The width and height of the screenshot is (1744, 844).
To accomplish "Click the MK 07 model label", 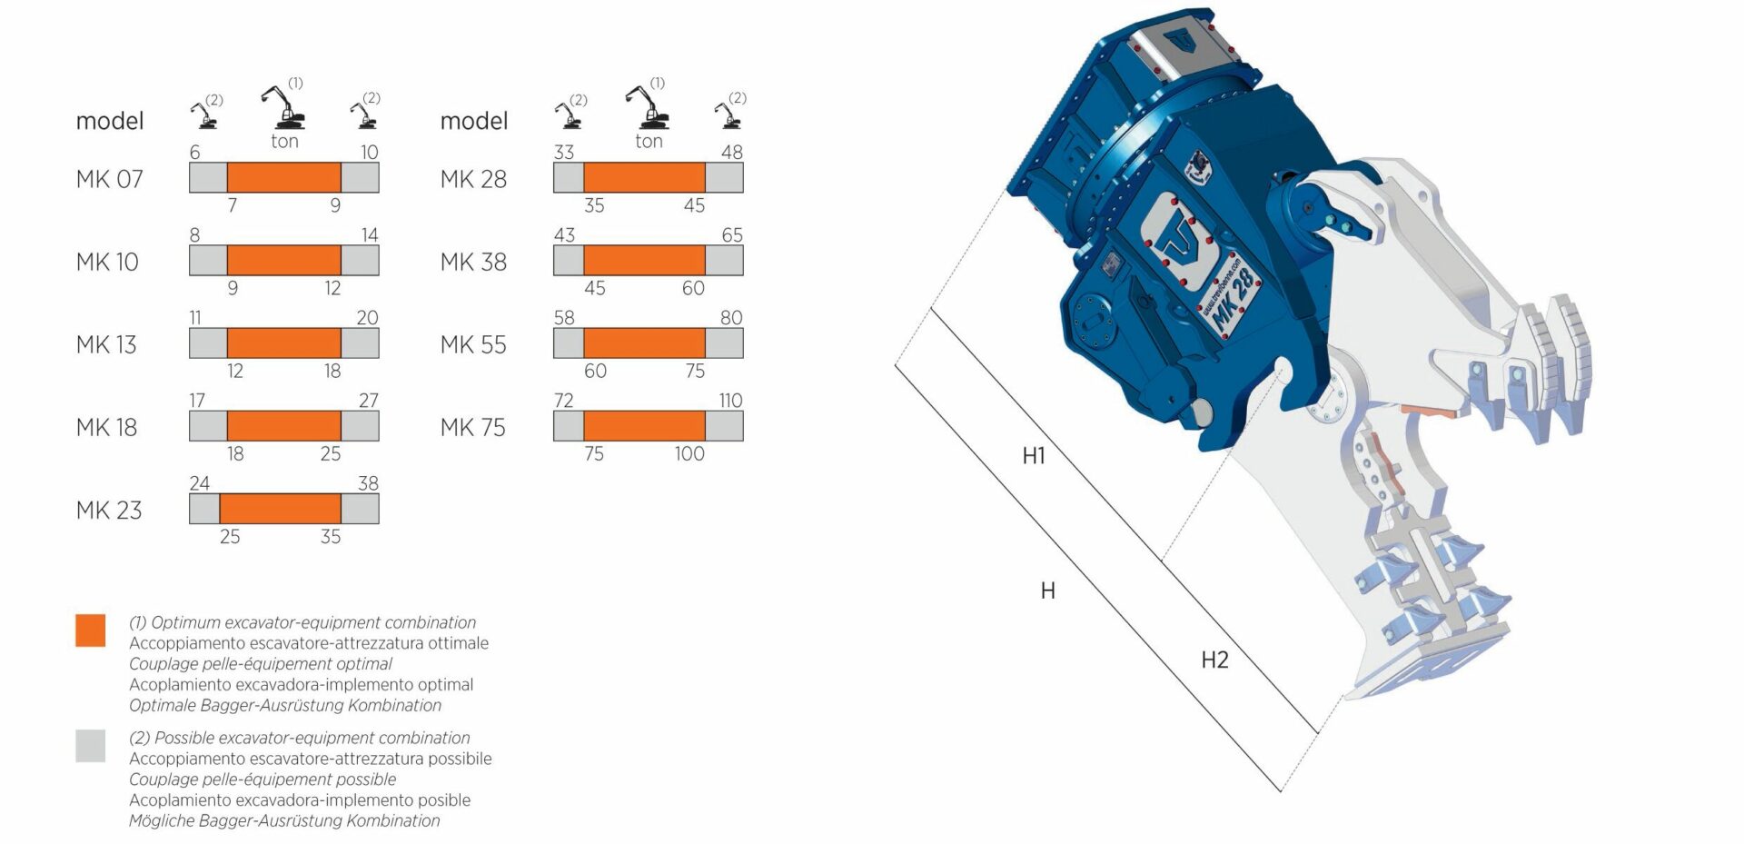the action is pos(110,179).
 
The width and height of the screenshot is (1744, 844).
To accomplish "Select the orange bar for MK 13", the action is pos(284,343).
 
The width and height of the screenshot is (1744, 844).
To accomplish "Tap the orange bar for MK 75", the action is pos(644,426).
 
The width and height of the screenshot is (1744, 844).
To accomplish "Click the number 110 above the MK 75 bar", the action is pos(730,401).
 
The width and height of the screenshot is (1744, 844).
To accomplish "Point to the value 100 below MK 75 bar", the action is pos(689,453).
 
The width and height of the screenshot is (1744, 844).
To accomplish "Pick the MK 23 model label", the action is pos(109,511).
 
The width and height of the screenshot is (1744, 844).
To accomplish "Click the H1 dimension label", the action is pos(1034,456).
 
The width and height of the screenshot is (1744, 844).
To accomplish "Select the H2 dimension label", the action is pos(1214,660).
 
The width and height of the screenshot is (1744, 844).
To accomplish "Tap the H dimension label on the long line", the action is pos(1047,591).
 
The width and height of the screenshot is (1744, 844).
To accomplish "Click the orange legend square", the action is pos(91,631).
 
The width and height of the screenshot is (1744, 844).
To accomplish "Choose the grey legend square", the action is pos(91,746).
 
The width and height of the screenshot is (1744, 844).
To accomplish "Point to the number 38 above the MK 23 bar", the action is pos(368,483).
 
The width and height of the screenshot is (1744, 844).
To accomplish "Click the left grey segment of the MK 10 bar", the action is pos(208,261).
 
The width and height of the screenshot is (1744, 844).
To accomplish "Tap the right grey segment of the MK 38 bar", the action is pos(724,261).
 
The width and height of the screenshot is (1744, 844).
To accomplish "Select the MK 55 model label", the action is pos(473,345).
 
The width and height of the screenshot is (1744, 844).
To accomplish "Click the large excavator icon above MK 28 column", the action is pos(647,107).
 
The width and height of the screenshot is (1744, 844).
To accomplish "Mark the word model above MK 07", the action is pos(110,121).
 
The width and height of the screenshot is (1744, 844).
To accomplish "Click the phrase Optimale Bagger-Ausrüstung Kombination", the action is pos(285,706).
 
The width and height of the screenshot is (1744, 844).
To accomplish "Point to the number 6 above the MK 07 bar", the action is pos(194,153).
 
